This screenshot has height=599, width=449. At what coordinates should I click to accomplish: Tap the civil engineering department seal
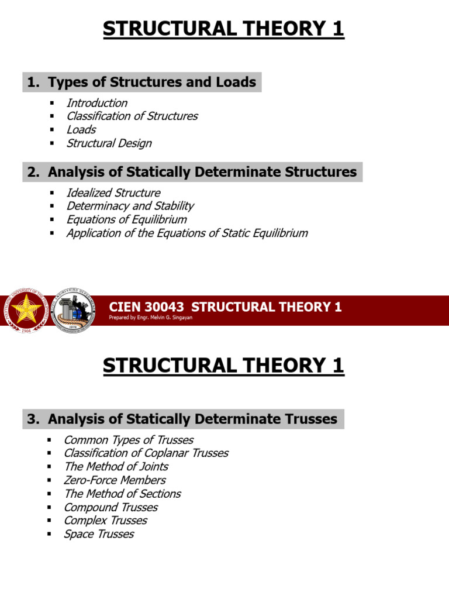(74, 311)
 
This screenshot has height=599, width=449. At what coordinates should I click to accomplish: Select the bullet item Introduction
(96, 103)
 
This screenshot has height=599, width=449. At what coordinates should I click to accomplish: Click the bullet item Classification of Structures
(132, 116)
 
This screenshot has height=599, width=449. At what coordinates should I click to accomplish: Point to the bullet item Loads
(81, 130)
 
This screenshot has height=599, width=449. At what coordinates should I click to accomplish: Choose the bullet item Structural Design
(109, 143)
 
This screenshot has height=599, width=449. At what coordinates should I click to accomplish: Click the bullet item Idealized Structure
(113, 192)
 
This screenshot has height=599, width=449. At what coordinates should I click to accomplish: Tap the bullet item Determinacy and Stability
(130, 206)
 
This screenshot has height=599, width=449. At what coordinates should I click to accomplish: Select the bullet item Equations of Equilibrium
(126, 219)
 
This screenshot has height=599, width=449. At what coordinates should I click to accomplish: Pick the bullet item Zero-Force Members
(115, 480)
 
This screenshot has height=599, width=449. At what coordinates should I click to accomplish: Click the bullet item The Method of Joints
(116, 467)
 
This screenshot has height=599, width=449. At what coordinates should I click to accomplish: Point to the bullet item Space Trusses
(99, 534)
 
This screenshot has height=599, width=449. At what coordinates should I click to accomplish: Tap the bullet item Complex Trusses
(105, 521)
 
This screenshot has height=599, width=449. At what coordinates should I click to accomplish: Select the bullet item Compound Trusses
(110, 507)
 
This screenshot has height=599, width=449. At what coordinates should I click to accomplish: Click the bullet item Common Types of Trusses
(129, 440)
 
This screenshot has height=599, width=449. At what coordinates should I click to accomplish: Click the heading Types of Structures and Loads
(152, 82)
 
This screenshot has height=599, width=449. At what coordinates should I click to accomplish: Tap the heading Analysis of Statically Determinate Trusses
(192, 419)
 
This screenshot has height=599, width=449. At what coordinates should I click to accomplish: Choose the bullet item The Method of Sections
(122, 494)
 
